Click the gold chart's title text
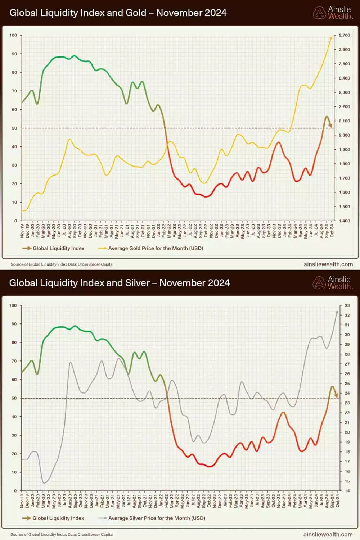[x=118, y=13]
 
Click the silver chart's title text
[x=119, y=283]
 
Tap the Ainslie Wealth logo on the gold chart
[x=333, y=13]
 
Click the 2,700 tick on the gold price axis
[x=344, y=35]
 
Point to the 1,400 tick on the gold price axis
[x=344, y=221]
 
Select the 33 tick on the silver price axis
[x=347, y=305]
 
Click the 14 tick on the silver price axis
[x=347, y=491]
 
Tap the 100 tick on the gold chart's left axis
[x=13, y=35]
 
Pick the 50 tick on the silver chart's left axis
[x=14, y=398]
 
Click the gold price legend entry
[x=155, y=248]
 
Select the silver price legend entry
[x=156, y=518]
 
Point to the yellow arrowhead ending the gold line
[x=331, y=37]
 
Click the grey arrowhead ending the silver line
[x=337, y=312]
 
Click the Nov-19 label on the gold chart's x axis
[x=22, y=231]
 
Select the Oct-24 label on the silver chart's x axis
[x=337, y=501]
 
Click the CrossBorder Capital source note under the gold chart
[x=62, y=264]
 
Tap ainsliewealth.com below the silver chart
[x=328, y=535]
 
